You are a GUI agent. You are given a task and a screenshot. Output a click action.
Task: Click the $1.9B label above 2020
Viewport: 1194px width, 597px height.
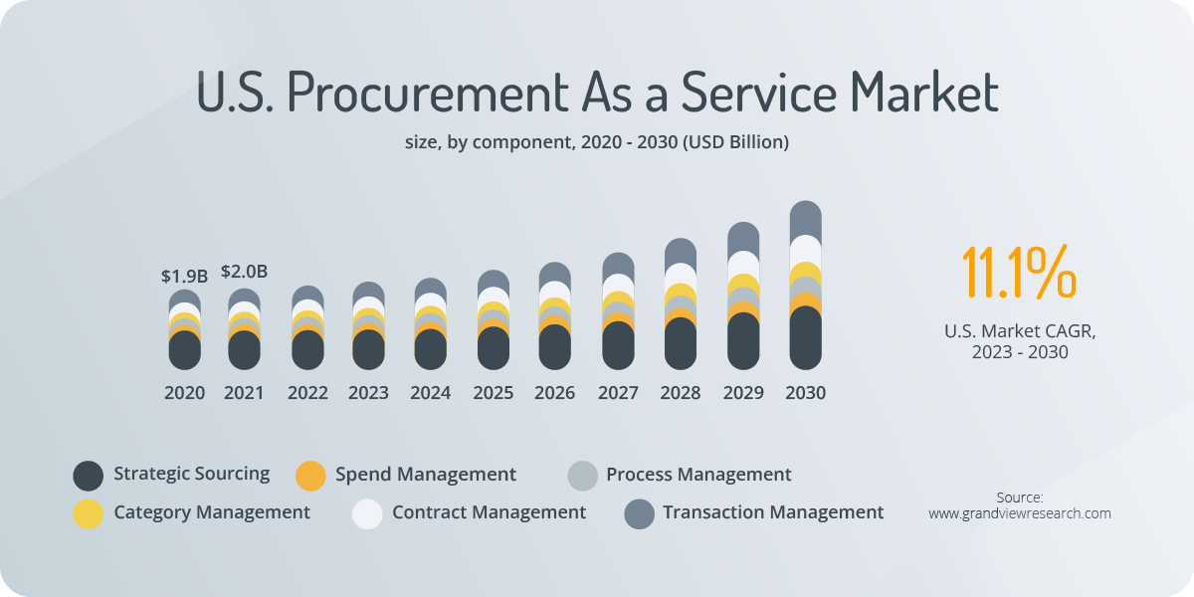(184, 276)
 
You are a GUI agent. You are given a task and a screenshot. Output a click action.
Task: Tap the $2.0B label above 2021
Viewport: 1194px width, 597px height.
(244, 271)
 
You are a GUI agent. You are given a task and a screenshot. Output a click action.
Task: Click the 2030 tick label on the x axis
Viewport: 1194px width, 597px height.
(805, 393)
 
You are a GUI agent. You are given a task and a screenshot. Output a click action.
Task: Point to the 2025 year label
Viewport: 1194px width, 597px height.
(493, 393)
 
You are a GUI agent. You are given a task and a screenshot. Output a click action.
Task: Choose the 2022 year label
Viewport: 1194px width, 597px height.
(307, 393)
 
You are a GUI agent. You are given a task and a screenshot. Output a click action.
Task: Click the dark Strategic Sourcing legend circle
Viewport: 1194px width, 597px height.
(89, 476)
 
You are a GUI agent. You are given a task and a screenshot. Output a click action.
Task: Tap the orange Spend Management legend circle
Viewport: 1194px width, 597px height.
(311, 476)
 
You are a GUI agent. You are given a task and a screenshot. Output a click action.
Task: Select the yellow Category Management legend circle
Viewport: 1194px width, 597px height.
(89, 513)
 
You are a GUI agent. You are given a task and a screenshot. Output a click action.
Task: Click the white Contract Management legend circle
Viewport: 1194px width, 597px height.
(367, 513)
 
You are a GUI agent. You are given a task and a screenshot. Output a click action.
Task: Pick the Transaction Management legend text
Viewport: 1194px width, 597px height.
(773, 512)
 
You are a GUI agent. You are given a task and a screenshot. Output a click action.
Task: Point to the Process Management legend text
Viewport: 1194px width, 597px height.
(698, 475)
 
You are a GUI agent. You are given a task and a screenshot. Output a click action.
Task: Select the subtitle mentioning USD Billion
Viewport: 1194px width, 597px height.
(597, 142)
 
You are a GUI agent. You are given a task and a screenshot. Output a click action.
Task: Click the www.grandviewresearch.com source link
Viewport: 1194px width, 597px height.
(1019, 513)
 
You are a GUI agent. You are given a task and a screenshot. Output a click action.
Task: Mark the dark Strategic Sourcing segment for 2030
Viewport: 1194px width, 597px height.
(805, 338)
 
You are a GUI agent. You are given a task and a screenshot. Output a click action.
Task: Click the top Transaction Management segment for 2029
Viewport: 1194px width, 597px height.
(743, 237)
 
